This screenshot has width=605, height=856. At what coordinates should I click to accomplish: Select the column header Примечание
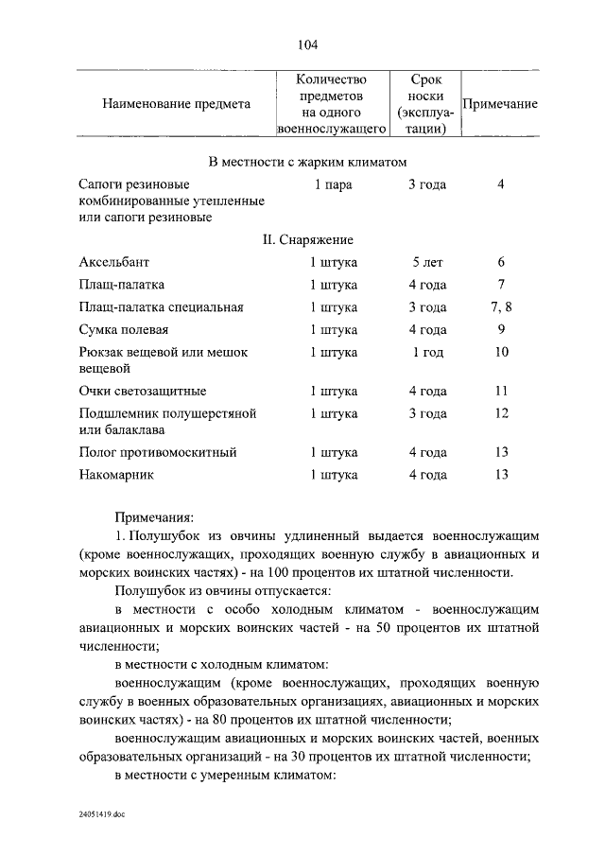coord(500,104)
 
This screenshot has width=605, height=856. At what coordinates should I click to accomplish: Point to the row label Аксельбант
coord(115,262)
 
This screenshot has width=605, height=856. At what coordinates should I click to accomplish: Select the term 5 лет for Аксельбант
coord(427,262)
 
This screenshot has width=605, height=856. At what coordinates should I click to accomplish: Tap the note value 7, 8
coord(501,307)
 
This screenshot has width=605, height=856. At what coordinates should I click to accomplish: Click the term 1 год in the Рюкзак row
coord(427,353)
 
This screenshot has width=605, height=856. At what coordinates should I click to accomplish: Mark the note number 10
coord(501,353)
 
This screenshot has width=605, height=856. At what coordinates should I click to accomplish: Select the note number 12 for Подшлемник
coord(501,413)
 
